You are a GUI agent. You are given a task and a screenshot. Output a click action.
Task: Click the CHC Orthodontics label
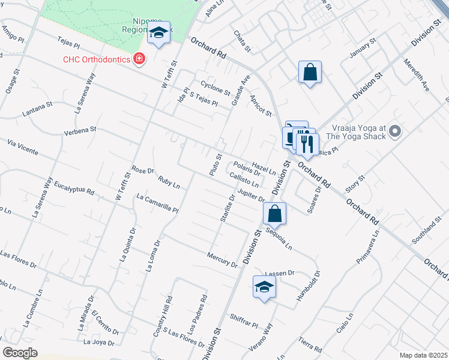(98, 59)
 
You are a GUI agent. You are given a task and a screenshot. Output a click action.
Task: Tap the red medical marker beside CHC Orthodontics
(139, 59)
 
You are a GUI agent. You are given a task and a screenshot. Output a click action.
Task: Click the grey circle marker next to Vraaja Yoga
(394, 130)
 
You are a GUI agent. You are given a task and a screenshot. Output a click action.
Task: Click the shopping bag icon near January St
(310, 72)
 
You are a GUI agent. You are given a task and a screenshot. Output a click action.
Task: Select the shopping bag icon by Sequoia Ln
(274, 213)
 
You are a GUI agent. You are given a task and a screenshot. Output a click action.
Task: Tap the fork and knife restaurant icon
(307, 143)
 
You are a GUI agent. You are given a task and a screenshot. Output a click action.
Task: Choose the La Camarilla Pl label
(157, 203)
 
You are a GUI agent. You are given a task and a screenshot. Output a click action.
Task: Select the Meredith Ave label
(417, 76)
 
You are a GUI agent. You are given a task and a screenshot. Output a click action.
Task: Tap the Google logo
(20, 353)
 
